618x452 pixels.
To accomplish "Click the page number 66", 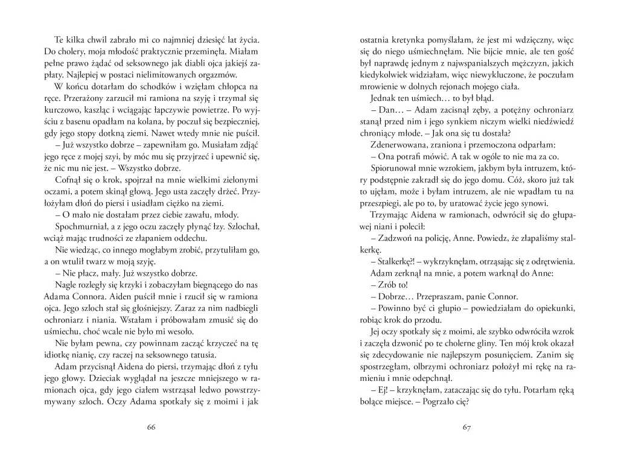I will [151, 427].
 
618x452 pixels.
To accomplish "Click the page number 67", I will [466, 427].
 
